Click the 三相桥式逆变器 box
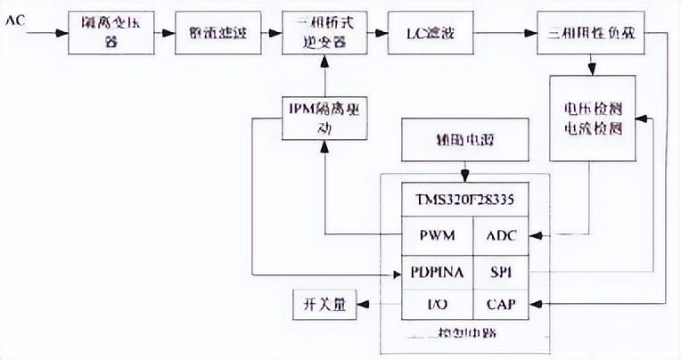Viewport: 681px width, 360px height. click(324, 34)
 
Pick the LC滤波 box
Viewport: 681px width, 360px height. click(431, 34)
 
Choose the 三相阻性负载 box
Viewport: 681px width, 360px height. click(591, 34)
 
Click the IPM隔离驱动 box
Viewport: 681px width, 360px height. click(324, 117)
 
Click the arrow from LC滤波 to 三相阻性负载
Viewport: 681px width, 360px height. click(504, 34)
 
